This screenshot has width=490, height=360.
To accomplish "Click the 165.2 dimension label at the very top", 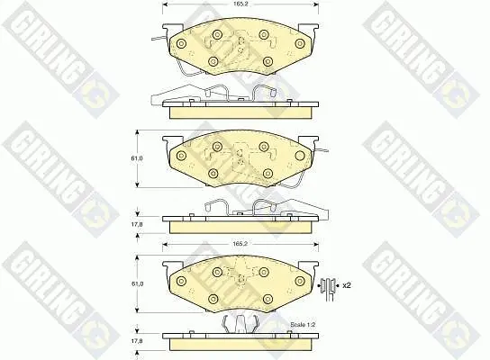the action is pyautogui.click(x=238, y=4).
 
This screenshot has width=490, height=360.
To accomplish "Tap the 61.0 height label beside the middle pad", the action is pyautogui.click(x=137, y=158).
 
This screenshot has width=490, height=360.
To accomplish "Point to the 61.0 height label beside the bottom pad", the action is pyautogui.click(x=137, y=283).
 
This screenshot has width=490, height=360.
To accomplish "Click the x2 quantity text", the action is pyautogui.click(x=347, y=285).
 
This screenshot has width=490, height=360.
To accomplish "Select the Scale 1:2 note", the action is pyautogui.click(x=303, y=325).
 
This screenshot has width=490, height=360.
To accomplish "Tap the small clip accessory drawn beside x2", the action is pyautogui.click(x=329, y=289).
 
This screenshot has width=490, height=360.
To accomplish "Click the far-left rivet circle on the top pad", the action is pyautogui.click(x=181, y=44).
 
